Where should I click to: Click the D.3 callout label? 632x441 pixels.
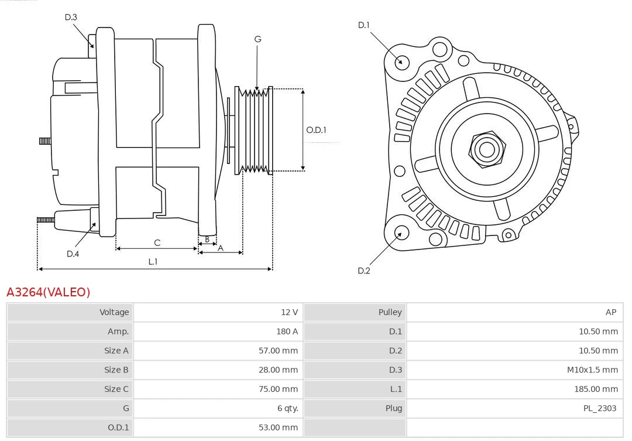(71, 17)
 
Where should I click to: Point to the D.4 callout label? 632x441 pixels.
(73, 254)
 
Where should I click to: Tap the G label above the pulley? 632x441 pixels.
(257, 39)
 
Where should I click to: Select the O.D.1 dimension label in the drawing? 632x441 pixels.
(316, 130)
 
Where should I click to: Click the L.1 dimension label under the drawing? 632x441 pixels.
(153, 262)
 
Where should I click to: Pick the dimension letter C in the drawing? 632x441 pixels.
(157, 242)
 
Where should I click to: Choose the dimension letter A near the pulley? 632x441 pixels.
(221, 248)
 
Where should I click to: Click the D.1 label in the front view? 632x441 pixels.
(364, 25)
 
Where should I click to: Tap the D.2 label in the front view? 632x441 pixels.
(364, 271)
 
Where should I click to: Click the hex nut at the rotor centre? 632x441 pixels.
(486, 149)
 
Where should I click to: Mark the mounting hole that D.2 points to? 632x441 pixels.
(400, 233)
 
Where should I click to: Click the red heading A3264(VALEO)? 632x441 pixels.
(49, 292)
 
